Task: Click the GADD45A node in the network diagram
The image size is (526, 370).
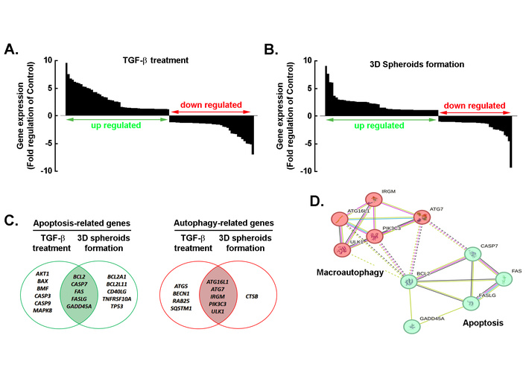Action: click(411, 326)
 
